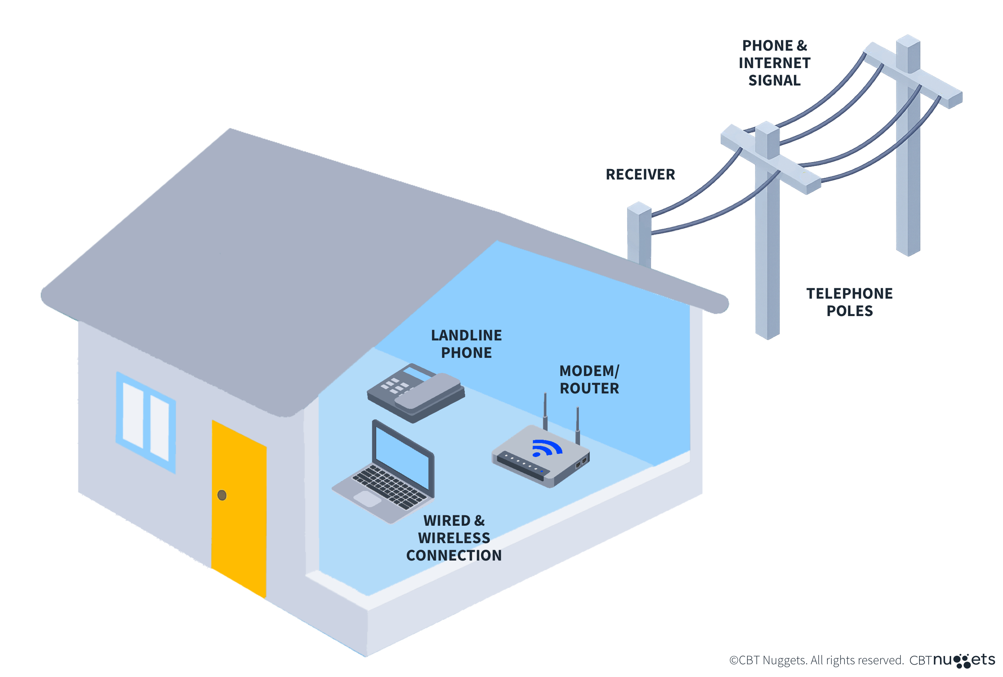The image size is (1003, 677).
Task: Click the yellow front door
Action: click(x=239, y=509)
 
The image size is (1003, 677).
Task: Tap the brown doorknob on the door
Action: click(x=222, y=495)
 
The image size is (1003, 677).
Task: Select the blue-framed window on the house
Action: click(x=146, y=422)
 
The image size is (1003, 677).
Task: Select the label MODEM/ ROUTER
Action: click(x=589, y=380)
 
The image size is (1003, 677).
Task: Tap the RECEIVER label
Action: click(x=640, y=174)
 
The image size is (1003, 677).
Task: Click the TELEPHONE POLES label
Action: click(x=849, y=302)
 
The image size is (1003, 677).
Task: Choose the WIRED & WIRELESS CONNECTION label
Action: click(x=454, y=538)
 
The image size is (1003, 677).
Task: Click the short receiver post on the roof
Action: click(x=639, y=233)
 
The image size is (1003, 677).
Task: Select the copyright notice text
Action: click(x=816, y=660)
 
